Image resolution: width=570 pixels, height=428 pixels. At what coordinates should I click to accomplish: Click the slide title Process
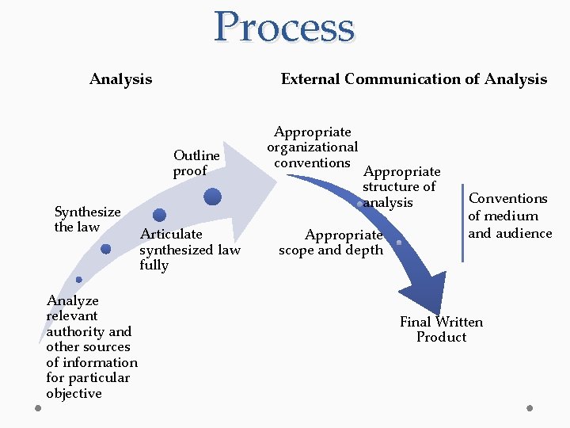click(284, 28)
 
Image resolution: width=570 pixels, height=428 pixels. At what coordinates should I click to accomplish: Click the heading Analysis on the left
click(120, 78)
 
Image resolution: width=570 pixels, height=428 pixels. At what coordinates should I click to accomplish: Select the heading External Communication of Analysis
click(413, 78)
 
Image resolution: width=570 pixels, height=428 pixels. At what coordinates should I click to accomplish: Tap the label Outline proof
click(196, 162)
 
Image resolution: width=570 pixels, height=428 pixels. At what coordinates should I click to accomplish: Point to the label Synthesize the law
click(86, 219)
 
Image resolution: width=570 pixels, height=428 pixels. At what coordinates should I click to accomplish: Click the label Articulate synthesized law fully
click(189, 249)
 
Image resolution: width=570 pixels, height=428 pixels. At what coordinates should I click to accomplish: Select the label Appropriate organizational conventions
click(312, 147)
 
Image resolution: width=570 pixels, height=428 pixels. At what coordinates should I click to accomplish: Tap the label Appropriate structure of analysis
click(401, 186)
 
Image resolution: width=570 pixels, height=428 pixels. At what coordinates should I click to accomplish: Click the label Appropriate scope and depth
click(330, 242)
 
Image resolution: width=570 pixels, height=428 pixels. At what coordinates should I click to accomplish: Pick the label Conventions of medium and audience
click(509, 216)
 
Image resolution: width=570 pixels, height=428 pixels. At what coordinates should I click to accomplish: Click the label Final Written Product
click(441, 329)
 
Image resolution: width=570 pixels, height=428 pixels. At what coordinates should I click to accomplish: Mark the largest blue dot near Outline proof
click(212, 197)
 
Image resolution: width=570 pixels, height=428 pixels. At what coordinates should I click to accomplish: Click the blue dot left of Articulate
click(159, 215)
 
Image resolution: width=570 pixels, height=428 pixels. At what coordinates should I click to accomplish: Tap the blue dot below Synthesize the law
click(106, 249)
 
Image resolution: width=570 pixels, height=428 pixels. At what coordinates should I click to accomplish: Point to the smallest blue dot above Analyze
click(78, 279)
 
